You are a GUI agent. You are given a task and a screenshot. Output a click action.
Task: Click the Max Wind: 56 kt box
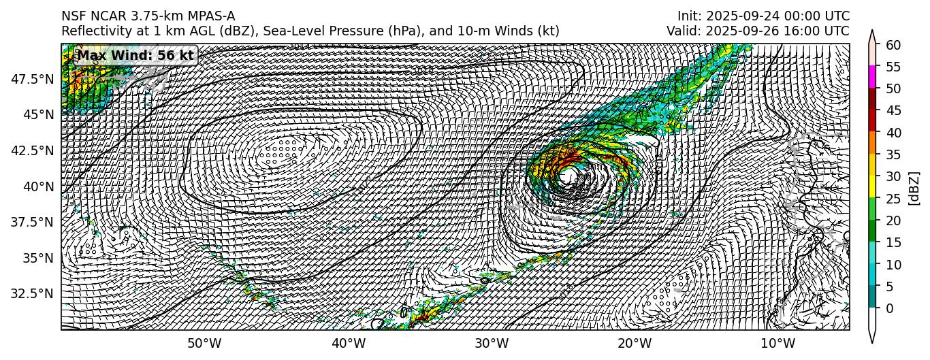(136, 56)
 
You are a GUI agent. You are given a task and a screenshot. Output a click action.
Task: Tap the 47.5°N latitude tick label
(33, 79)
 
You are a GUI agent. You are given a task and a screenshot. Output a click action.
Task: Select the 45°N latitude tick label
(38, 114)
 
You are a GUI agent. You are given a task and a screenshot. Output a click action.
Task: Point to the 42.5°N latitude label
(33, 150)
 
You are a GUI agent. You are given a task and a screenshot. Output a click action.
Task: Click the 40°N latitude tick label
(38, 186)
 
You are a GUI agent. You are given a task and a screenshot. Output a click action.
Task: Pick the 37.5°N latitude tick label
(33, 222)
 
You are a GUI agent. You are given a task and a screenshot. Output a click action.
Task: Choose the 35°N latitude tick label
(38, 258)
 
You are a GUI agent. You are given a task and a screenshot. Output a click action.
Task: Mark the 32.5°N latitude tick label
(33, 293)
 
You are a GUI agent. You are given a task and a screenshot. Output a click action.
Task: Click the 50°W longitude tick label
(204, 343)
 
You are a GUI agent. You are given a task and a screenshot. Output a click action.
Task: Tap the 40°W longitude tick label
(348, 343)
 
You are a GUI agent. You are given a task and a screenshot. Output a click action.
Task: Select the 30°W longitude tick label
(492, 343)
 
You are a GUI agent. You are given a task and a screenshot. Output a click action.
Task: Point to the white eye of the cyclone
(569, 176)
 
